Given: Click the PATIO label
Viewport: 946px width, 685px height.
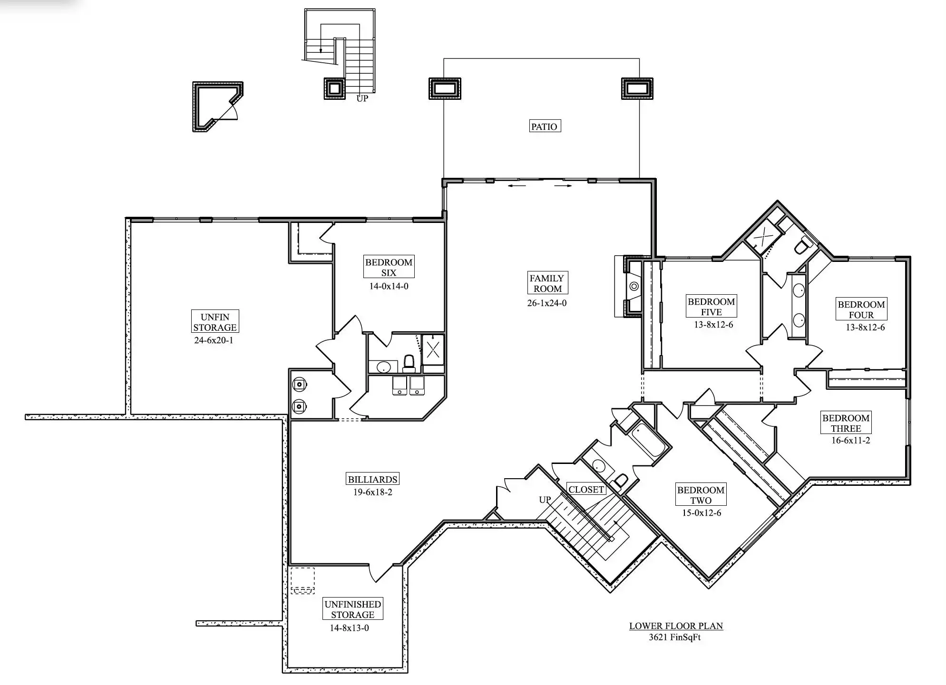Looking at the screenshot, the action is coord(545,126).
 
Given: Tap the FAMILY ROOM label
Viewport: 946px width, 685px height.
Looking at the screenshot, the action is coord(547,283).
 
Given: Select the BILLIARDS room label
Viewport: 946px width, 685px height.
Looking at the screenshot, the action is coord(372,479).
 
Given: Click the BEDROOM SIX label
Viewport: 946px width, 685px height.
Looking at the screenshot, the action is coord(389,267).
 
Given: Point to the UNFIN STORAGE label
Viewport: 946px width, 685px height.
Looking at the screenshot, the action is coord(215,322).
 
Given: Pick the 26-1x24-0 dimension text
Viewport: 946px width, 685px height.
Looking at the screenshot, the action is coord(547,303).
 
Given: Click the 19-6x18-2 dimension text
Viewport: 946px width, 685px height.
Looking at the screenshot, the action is coord(372,492).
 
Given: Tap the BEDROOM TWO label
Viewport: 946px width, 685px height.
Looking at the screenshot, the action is coord(701,495).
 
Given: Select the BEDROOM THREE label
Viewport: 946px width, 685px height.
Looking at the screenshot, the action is coord(846,423).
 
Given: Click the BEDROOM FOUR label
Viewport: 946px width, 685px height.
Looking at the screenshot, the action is coord(861,309).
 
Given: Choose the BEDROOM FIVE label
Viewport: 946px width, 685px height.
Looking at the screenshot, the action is coord(712,307).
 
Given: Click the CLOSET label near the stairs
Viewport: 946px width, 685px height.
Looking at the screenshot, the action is coord(586,489).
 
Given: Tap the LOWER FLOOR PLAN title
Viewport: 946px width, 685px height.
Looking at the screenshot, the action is coord(676,626).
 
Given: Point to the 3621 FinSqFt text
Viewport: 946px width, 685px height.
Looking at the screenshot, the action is coord(675,637).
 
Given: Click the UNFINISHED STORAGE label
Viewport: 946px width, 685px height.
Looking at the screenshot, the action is coord(353,609).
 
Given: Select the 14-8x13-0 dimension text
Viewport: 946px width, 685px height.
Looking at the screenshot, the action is coord(350,628).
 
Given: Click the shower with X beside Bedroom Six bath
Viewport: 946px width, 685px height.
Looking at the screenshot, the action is coord(433,350).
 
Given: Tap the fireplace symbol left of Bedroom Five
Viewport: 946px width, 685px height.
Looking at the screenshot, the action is coord(634,286).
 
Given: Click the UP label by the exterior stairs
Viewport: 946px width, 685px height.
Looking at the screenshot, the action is coord(362,98).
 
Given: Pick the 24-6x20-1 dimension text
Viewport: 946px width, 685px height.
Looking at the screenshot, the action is coord(214,340).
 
